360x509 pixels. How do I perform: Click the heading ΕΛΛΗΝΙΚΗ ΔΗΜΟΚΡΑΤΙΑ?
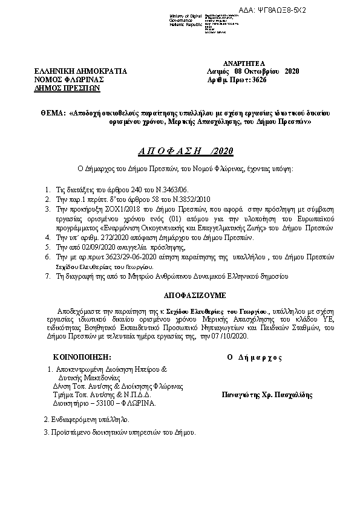point(80,71)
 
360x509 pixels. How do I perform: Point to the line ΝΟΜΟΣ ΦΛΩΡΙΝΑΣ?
point(70,79)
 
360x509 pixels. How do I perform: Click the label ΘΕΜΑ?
point(54,113)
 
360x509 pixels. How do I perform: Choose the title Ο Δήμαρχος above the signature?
point(254,357)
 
